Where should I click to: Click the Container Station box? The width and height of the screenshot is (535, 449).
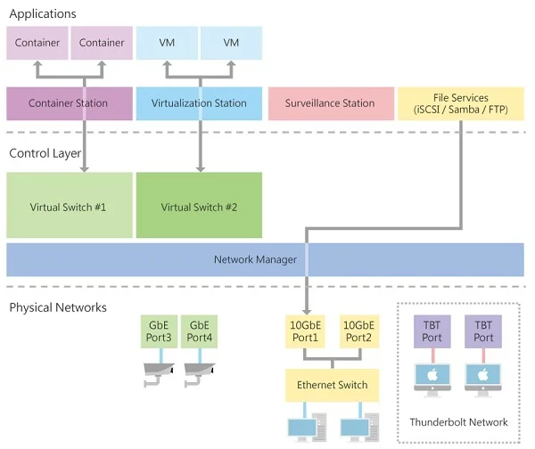[x=69, y=103]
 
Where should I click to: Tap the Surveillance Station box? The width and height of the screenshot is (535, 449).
[x=329, y=103]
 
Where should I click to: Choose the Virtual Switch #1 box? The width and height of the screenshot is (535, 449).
[x=69, y=206]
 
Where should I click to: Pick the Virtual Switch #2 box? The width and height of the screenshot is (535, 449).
[x=200, y=206]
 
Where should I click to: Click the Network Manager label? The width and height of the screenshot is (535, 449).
[x=255, y=259]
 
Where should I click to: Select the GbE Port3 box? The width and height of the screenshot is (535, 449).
[x=158, y=331]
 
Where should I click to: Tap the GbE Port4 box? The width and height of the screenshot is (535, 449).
[x=200, y=331]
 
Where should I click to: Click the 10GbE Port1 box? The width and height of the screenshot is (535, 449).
[x=306, y=331]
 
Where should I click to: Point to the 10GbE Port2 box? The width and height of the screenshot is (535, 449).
[x=359, y=331]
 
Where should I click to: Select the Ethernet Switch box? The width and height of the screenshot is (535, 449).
[x=333, y=386]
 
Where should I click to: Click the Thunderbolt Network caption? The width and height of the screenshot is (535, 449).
[x=458, y=421]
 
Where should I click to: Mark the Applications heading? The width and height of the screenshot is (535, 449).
[x=43, y=14]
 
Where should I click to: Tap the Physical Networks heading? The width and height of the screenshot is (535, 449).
[x=58, y=307]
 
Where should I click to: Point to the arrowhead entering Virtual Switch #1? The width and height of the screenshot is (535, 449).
[x=84, y=167]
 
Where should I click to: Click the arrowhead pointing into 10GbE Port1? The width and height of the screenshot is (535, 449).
[x=306, y=309]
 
